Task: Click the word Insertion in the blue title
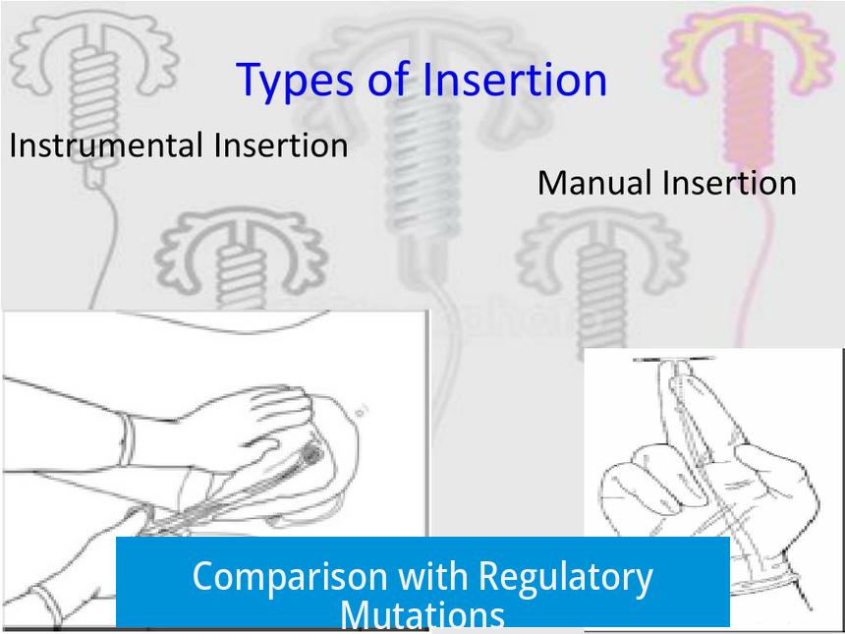(515, 80)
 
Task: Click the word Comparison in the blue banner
(290, 577)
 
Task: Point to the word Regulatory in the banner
(565, 577)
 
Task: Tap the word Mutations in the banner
(422, 614)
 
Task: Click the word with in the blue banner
(432, 575)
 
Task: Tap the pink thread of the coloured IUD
(755, 259)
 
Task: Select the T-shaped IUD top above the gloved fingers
(673, 359)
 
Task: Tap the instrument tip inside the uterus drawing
(311, 454)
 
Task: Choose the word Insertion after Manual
(730, 183)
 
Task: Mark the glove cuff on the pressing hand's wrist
(126, 439)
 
